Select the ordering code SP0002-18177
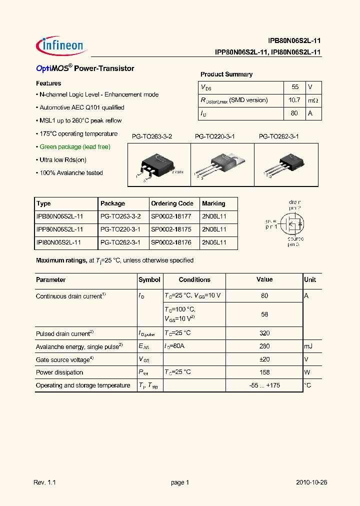(x=172, y=216)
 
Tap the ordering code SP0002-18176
(x=172, y=242)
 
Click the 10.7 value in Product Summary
(x=294, y=100)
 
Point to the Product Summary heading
(x=226, y=74)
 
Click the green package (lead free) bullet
(x=74, y=147)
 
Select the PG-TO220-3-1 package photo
(x=222, y=165)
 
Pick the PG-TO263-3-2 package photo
(x=159, y=165)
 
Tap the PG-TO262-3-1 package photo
(x=286, y=165)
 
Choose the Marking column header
(x=213, y=203)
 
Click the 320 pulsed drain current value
(x=264, y=333)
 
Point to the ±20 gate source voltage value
(x=264, y=359)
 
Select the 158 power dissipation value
(x=264, y=372)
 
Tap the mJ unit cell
(x=309, y=346)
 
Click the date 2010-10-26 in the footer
(x=311, y=482)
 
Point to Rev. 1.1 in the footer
(x=44, y=482)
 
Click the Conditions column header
(x=194, y=280)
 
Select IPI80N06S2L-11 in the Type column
(x=59, y=242)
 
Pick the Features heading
(x=48, y=83)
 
